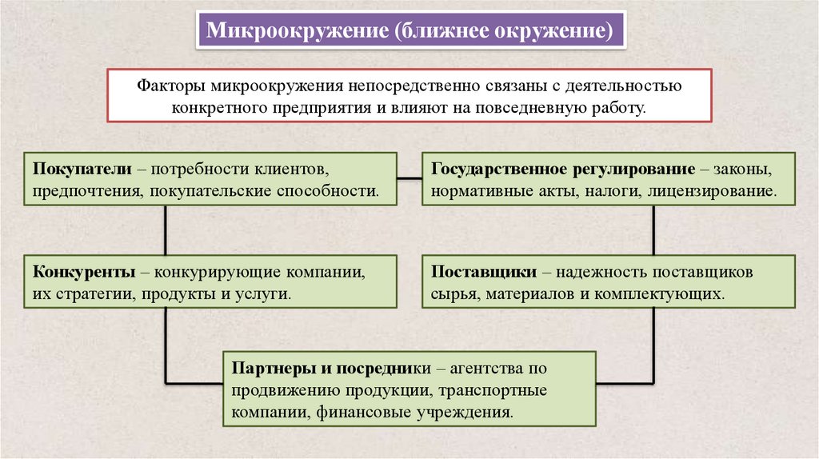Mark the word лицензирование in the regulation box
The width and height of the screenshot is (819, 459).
[x=719, y=192]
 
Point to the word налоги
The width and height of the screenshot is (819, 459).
[x=625, y=192]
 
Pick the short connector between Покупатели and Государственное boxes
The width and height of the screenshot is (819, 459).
[x=409, y=177]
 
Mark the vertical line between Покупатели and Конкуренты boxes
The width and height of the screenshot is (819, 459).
[x=166, y=230]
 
